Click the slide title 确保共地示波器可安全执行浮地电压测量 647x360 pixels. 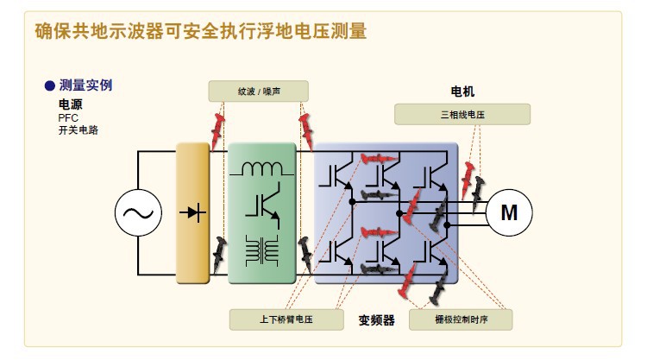200,32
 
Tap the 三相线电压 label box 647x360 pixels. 462,113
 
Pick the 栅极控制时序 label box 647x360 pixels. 460,319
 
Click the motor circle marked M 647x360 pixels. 510,212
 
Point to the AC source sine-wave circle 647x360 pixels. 139,212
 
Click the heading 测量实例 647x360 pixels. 85,85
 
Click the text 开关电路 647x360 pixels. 76,129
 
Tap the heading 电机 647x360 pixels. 462,92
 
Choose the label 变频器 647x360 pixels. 376,320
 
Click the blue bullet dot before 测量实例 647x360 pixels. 49,85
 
